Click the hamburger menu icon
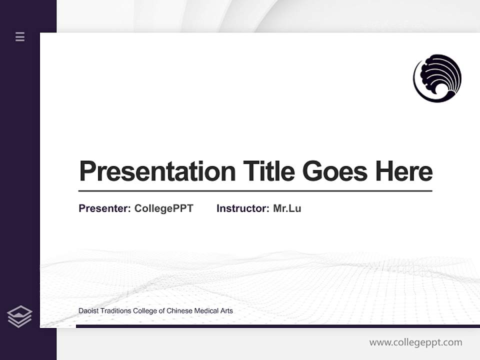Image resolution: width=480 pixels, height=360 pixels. [x=20, y=36]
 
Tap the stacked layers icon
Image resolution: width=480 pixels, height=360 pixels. [x=19, y=316]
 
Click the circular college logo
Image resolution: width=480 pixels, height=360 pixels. [x=437, y=78]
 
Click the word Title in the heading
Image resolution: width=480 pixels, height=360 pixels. [x=269, y=171]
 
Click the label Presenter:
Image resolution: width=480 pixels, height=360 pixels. [x=105, y=208]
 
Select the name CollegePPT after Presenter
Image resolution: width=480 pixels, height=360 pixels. [x=164, y=208]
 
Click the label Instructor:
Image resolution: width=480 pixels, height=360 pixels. [x=243, y=208]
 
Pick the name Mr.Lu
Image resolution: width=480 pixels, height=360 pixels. [x=287, y=208]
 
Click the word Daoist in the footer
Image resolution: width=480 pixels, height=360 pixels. [x=88, y=311]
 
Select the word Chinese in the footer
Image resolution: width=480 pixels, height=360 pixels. [x=181, y=311]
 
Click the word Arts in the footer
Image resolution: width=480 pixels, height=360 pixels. [x=227, y=311]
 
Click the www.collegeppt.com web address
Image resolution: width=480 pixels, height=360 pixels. [x=416, y=342]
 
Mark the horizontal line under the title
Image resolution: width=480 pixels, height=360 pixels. [x=255, y=191]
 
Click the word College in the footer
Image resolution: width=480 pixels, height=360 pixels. [x=145, y=311]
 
